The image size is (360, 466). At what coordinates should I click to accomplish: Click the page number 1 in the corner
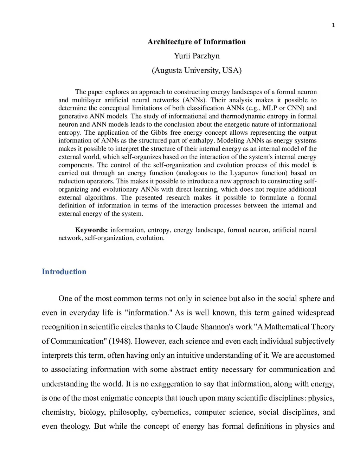click(x=333, y=25)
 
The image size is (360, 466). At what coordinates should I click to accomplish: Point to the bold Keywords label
click(x=91, y=230)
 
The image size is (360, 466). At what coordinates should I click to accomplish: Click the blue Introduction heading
click(x=64, y=272)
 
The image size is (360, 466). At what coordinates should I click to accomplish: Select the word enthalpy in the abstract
click(x=201, y=141)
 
